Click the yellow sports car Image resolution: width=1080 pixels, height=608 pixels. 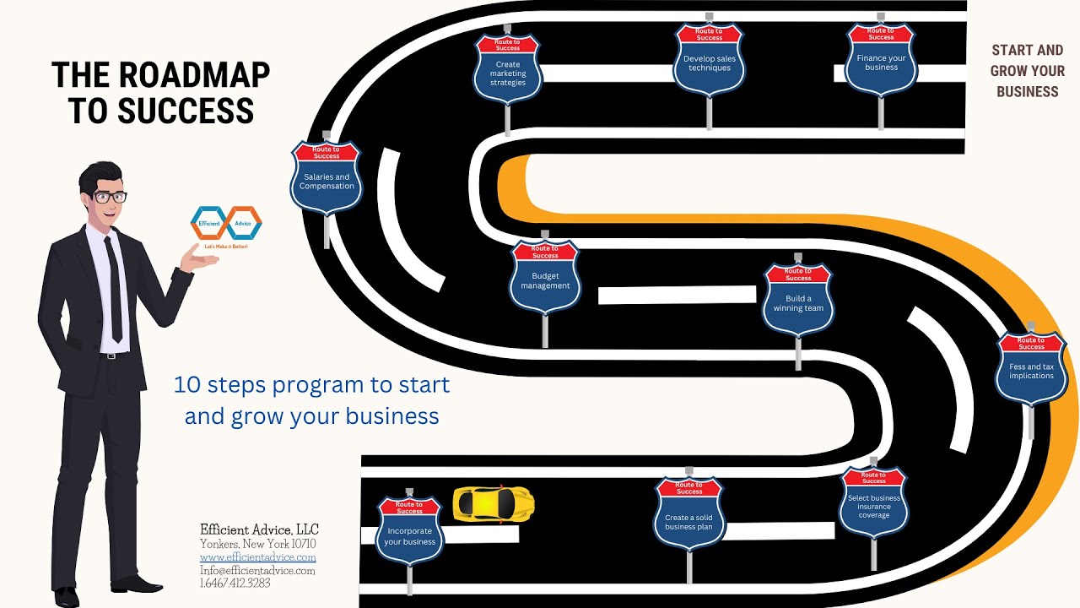[x=494, y=504]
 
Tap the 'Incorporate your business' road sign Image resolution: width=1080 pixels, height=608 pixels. [x=409, y=531]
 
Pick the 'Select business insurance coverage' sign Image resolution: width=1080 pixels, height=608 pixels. [x=873, y=502]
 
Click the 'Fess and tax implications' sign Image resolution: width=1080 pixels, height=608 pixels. [x=1031, y=369]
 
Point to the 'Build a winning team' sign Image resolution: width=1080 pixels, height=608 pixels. [x=798, y=300]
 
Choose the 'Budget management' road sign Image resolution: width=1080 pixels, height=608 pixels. [x=545, y=278]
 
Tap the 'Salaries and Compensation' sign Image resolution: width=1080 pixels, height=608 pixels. [x=327, y=178]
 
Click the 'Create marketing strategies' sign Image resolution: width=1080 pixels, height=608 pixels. [x=508, y=69]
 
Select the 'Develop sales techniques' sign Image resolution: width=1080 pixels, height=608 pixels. [x=710, y=59]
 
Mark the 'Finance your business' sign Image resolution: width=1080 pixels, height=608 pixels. [x=881, y=59]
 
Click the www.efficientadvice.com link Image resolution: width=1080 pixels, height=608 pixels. [x=258, y=557]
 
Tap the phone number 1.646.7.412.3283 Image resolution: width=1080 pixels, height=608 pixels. [x=235, y=583]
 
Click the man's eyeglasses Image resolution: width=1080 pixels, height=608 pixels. [x=111, y=197]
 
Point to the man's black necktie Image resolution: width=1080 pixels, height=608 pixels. [x=114, y=290]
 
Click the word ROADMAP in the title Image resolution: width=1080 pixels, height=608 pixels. [x=194, y=75]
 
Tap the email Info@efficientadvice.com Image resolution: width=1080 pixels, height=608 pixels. [x=257, y=570]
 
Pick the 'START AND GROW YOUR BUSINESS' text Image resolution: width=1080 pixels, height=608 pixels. [x=1028, y=71]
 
